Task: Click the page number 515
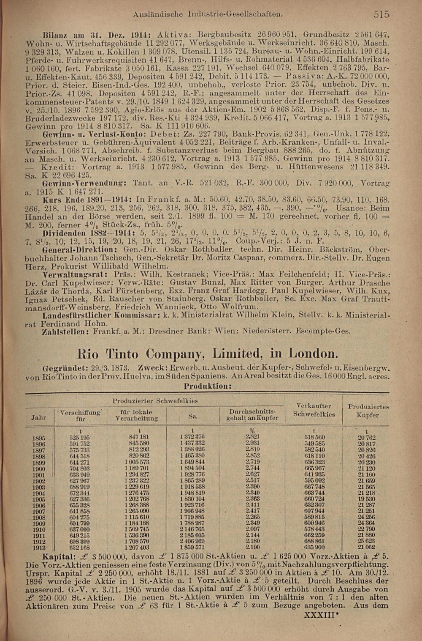click(x=381, y=14)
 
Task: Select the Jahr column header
click(x=39, y=417)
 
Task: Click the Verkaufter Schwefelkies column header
click(x=314, y=410)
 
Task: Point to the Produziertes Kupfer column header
click(x=368, y=411)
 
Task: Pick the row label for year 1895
click(x=39, y=438)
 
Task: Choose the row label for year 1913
click(x=39, y=547)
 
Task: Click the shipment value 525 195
click(x=79, y=438)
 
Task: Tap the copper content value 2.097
click(x=253, y=529)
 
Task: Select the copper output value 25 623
click(x=366, y=541)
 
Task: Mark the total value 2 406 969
click(x=192, y=541)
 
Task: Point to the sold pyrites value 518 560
click(x=314, y=438)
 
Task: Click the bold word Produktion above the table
click(x=208, y=386)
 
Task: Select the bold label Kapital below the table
click(x=59, y=556)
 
